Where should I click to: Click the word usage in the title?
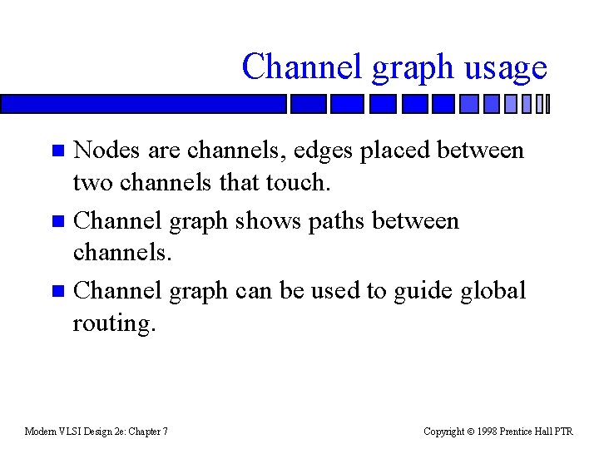[506, 67]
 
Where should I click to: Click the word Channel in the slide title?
[303, 66]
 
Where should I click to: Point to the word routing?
[113, 323]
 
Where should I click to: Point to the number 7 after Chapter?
[166, 432]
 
